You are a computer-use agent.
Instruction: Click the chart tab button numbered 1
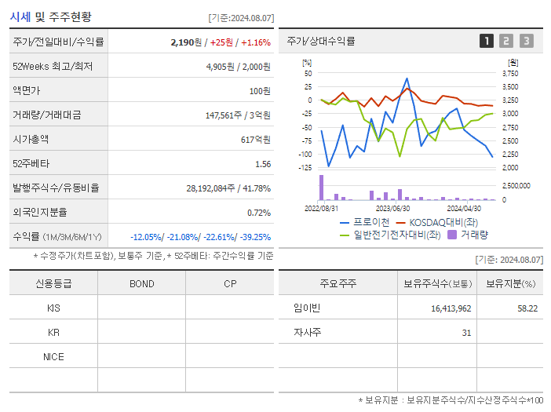click(x=487, y=42)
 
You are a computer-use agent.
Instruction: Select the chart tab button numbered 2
click(x=506, y=42)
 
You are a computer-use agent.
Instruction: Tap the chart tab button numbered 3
click(x=526, y=42)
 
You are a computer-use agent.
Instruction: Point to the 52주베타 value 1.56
click(x=263, y=164)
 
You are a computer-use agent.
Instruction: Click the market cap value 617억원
click(x=256, y=140)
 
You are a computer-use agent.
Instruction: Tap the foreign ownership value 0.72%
click(x=259, y=213)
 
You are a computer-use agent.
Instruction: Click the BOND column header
click(x=141, y=284)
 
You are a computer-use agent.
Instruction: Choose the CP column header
click(x=229, y=284)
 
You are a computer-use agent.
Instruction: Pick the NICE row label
click(x=53, y=357)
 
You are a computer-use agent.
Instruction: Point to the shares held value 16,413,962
click(x=451, y=308)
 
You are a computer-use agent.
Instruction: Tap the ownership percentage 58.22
click(x=527, y=308)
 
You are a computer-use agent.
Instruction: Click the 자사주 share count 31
click(x=466, y=333)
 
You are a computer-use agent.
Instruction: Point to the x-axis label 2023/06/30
click(x=393, y=208)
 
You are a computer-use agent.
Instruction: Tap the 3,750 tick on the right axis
click(x=509, y=73)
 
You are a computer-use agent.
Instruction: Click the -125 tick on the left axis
click(x=307, y=167)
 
